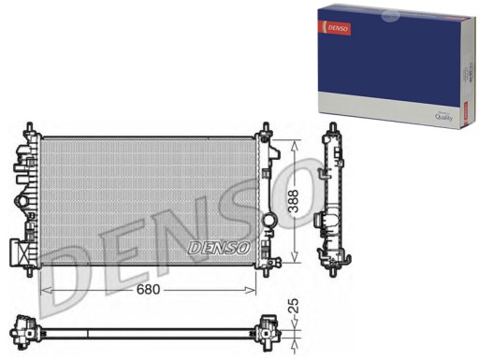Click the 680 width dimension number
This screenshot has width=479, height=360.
148,289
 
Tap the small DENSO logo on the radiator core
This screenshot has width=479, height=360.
218,248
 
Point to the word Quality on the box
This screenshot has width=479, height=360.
440,116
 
